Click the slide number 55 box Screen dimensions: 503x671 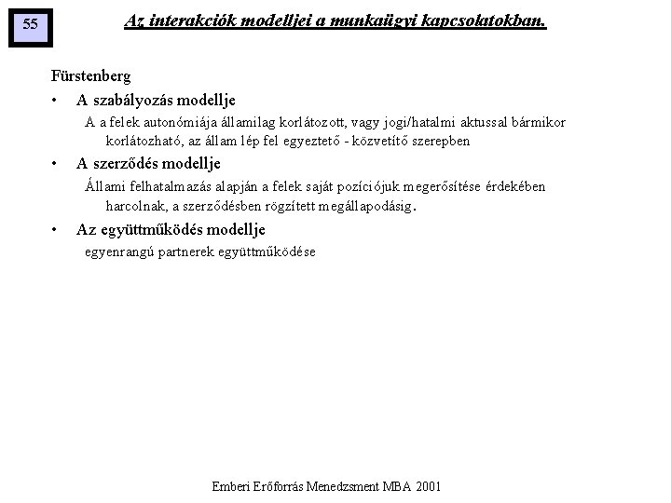(30, 25)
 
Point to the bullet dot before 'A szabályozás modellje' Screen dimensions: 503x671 (56, 101)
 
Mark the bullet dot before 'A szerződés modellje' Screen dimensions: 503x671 (56, 165)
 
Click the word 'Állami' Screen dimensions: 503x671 (103, 187)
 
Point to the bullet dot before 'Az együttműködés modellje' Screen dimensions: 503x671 (56, 230)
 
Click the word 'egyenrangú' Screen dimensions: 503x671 (115, 252)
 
